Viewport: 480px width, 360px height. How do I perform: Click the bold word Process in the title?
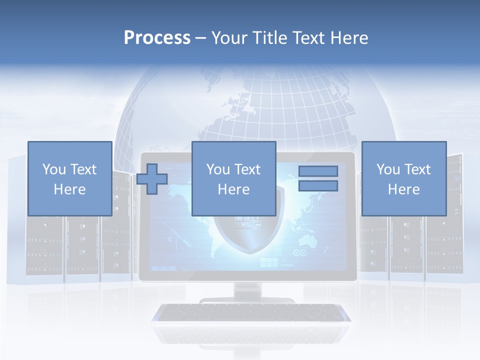(x=157, y=38)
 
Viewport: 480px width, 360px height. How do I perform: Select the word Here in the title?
(x=348, y=38)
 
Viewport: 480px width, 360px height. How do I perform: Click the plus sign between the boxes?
(x=152, y=179)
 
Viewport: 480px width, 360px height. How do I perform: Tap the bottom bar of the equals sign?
(x=318, y=186)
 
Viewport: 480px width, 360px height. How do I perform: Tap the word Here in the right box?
(x=403, y=189)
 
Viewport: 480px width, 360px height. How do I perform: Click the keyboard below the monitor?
(x=251, y=313)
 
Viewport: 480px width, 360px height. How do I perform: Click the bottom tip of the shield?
(x=248, y=252)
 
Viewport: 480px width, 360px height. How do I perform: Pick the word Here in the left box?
(x=69, y=189)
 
